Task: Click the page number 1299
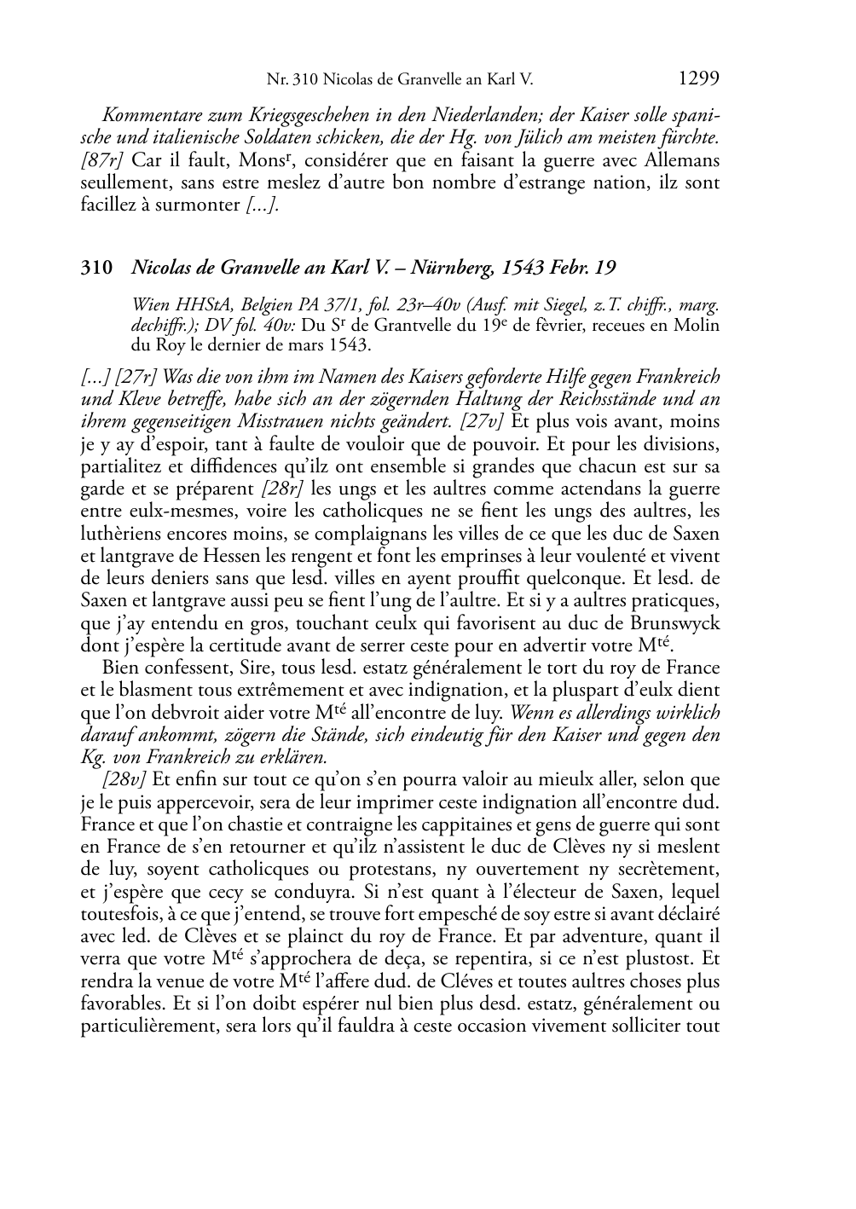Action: point(699,78)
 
